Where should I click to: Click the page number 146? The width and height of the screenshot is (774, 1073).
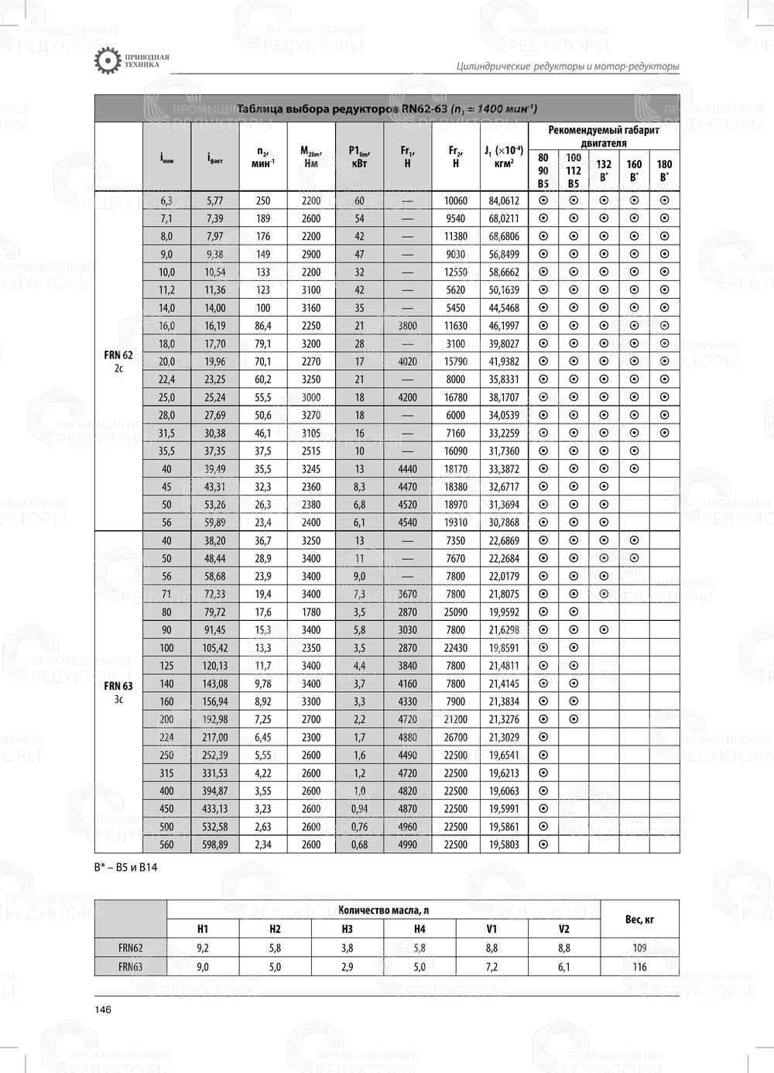pos(103,1010)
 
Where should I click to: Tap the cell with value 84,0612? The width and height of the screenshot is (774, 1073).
pos(504,201)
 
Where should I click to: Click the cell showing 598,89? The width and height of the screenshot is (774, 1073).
pos(215,845)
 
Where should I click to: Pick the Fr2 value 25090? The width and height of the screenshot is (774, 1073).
pos(456,612)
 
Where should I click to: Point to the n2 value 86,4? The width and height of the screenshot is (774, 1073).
pos(263,326)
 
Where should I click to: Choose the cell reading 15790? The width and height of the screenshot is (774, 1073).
pos(456,362)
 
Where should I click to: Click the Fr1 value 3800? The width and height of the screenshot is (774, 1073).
pos(407,326)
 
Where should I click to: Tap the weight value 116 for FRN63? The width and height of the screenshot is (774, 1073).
pos(639,967)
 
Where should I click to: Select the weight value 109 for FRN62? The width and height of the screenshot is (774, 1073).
pos(639,948)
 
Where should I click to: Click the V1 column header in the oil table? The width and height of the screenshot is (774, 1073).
pos(491,929)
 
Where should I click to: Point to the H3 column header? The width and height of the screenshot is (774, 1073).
pos(347,929)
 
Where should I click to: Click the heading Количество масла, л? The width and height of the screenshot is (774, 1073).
pos(384,910)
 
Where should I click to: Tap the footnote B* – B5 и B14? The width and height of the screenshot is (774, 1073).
pos(125,867)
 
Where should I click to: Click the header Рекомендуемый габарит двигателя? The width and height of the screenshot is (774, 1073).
pos(604,136)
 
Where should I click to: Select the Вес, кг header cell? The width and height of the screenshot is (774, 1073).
pos(639,919)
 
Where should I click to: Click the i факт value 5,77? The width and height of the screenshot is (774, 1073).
pos(215,201)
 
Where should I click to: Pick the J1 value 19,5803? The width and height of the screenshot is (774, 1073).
pos(504,845)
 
